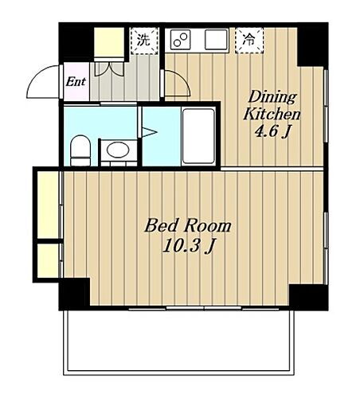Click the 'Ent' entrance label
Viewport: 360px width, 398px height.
(76, 81)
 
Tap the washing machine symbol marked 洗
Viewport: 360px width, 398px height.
(144, 41)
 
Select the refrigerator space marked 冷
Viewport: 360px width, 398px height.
(249, 41)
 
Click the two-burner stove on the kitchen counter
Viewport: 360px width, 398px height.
(180, 40)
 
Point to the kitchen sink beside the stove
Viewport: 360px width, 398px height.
(216, 40)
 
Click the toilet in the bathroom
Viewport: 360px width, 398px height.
(80, 150)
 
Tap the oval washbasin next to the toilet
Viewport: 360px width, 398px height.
(118, 150)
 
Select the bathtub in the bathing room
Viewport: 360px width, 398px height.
(198, 136)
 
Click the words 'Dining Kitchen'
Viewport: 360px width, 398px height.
(272, 106)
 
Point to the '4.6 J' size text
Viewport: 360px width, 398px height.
(272, 131)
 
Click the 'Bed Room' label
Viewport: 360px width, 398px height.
(188, 226)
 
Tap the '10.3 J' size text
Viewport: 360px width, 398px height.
(188, 246)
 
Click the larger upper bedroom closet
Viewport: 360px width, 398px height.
(48, 205)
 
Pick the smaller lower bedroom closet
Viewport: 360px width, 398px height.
(48, 260)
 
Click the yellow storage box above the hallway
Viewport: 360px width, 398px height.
(109, 42)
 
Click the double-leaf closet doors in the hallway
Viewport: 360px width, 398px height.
(109, 69)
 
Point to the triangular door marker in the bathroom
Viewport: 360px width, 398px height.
(149, 132)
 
